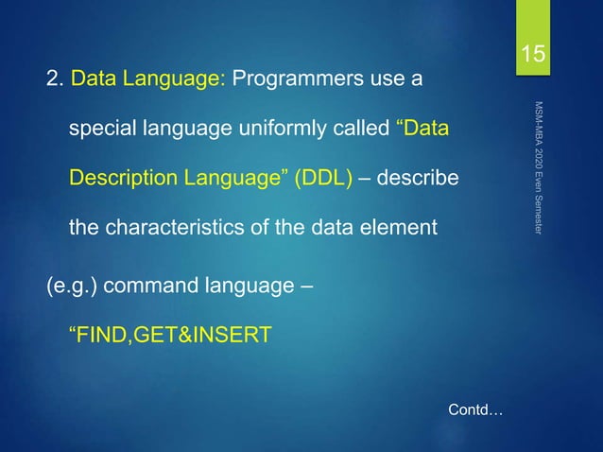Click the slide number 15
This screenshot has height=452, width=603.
click(535, 55)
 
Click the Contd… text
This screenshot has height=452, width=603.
click(474, 410)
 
